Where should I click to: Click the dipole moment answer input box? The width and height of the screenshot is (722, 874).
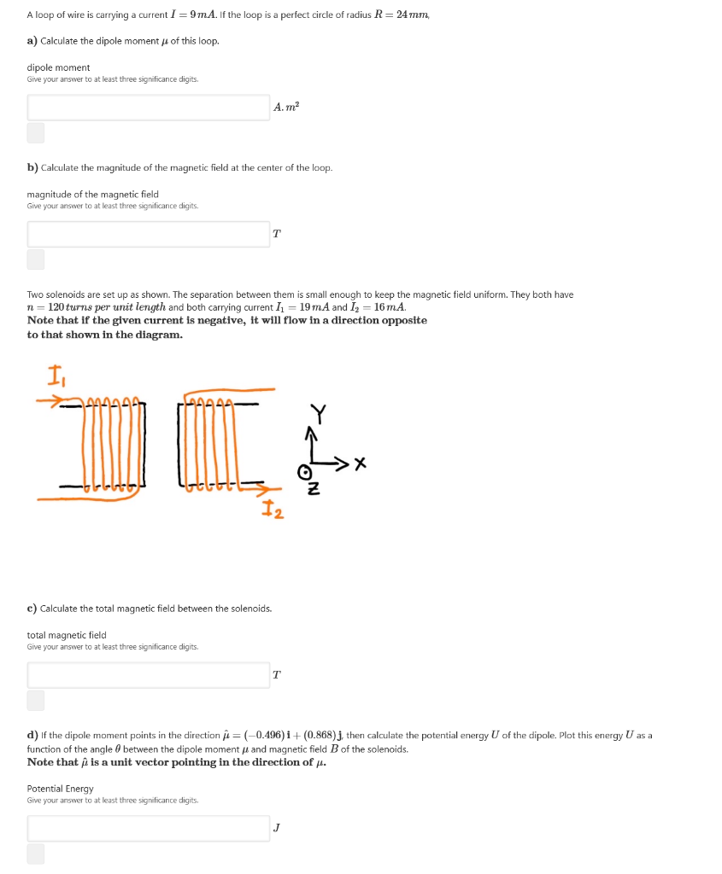coord(149,108)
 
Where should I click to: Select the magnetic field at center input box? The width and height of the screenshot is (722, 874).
coord(149,234)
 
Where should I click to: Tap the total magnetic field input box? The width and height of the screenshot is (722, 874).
coord(149,675)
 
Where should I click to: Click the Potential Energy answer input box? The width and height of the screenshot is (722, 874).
coord(149,828)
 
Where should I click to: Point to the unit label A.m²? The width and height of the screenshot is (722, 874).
coord(286,107)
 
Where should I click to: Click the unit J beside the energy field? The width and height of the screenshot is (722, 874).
coord(276,827)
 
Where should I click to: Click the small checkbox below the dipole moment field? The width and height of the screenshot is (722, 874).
coord(35,132)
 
